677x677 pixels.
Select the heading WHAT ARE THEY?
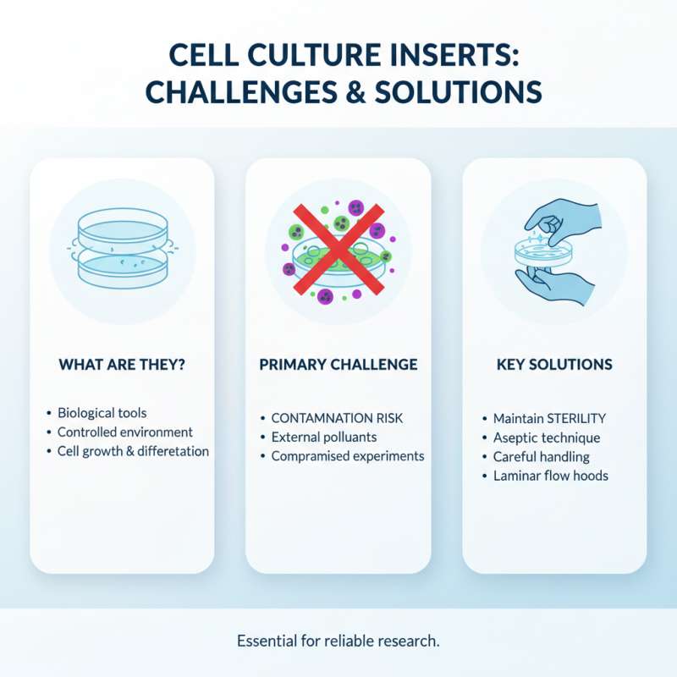pos(122,365)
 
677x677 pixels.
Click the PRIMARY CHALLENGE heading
pos(338,365)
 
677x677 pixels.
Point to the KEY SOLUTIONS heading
pos(554,365)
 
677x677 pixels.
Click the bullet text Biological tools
pos(102,413)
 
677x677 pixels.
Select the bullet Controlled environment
pos(125,432)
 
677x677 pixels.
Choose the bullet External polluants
pos(324,438)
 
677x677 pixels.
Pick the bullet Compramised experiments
pos(347,456)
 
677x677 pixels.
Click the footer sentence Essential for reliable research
pos(338,641)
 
